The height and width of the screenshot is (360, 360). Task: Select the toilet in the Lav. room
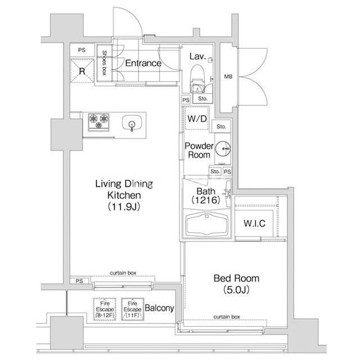coord(197,79)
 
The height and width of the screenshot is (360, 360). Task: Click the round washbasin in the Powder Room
coord(223,148)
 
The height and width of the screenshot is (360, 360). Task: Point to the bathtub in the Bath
coord(206,224)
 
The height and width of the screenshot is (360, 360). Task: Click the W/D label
coord(197,119)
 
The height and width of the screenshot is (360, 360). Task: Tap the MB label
coord(228,76)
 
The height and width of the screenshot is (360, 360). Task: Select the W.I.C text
coord(254,223)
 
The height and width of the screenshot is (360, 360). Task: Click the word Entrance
coord(143,63)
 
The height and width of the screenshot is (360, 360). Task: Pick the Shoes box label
coord(104,62)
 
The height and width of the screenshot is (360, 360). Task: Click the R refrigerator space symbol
coord(82,71)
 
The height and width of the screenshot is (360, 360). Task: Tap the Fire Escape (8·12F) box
coord(105,309)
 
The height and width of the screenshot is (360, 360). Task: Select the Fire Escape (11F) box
coord(133,309)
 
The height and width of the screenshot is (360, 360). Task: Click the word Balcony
coord(159,308)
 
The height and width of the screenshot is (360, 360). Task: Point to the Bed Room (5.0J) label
coord(236,284)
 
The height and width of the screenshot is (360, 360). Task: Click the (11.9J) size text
coord(124,206)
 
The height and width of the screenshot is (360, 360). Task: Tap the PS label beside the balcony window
coord(79,281)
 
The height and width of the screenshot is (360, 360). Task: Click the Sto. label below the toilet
coord(202,99)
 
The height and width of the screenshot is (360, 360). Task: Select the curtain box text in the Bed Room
coord(227,317)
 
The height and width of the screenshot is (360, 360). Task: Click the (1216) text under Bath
coord(206,200)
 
